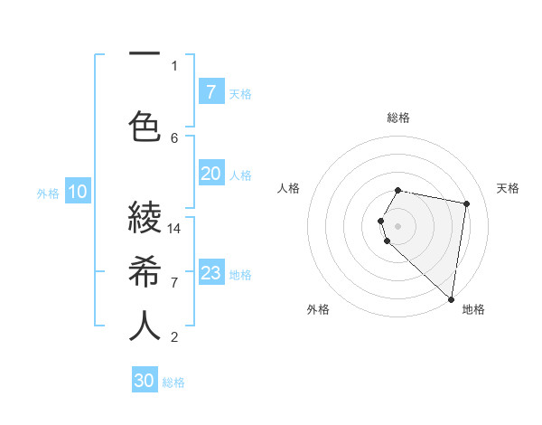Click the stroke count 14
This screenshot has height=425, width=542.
pyautogui.click(x=174, y=228)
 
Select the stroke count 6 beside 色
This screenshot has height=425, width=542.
pyautogui.click(x=174, y=137)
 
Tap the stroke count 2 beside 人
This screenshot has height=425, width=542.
pyautogui.click(x=174, y=337)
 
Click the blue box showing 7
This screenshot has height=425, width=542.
pyautogui.click(x=210, y=91)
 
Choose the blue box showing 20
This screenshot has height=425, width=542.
pyautogui.click(x=210, y=174)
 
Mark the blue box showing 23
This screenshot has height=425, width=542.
pyautogui.click(x=210, y=273)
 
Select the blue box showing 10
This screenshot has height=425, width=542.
pyautogui.click(x=78, y=192)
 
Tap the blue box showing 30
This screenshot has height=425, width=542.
pyautogui.click(x=145, y=381)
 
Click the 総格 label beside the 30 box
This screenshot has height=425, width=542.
pyautogui.click(x=173, y=382)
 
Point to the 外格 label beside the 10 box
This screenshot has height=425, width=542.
pyautogui.click(x=48, y=193)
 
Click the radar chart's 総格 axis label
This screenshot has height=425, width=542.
pyautogui.click(x=398, y=118)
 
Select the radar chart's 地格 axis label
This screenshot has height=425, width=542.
pyautogui.click(x=473, y=310)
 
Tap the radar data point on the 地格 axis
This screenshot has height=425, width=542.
pyautogui.click(x=451, y=298)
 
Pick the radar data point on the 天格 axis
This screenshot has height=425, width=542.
pyautogui.click(x=466, y=204)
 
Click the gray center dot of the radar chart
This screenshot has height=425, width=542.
pyautogui.click(x=398, y=225)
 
